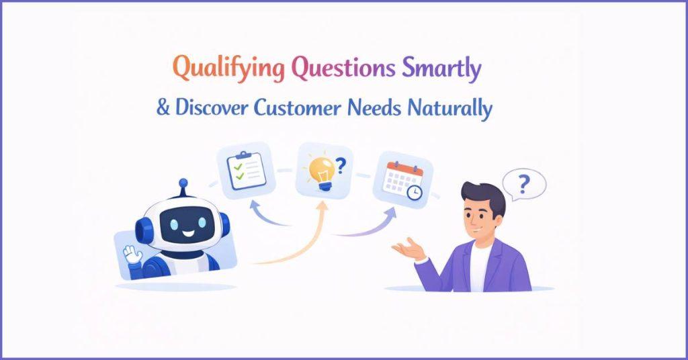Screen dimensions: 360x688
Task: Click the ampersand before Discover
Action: [163, 108]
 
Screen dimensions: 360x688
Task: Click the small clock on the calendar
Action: [415, 193]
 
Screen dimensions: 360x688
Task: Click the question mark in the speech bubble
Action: [524, 182]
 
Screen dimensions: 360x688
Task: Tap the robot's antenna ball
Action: [182, 183]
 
